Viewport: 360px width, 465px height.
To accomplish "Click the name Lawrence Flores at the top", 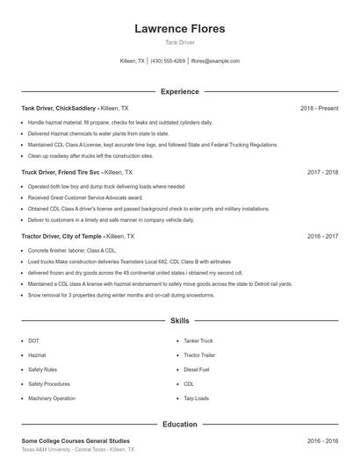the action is coord(179,29).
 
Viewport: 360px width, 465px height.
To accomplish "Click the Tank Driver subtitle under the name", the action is coord(179,42).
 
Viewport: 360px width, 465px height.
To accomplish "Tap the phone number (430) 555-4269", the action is coord(168,61).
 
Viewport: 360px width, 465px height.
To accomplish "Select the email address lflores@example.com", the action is coord(215,61).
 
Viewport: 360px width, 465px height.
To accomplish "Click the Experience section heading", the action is coord(179,91).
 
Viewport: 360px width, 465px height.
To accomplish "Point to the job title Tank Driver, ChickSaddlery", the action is coord(59,108).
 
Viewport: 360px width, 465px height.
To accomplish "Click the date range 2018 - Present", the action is coord(319,108).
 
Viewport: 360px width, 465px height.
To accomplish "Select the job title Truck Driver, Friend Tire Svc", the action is coord(61,173).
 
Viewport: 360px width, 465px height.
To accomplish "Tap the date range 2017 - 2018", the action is coord(322,173).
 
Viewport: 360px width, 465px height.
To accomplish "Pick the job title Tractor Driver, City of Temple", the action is coord(61,237).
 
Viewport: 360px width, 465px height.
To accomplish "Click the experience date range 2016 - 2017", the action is coord(322,237).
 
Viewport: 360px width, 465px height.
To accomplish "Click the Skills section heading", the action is coord(179,322).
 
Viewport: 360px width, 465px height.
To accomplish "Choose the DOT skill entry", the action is coord(33,340).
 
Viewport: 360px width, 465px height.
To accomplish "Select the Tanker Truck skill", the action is coord(198,340).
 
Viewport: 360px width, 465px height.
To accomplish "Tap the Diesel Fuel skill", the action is coord(196,369).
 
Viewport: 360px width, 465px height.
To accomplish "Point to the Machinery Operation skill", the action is coord(51,398).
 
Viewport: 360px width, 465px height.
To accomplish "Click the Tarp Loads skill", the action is coord(196,398).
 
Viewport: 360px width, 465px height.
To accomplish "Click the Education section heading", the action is coord(179,425).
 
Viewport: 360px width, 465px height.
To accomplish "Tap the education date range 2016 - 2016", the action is coord(322,441).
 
